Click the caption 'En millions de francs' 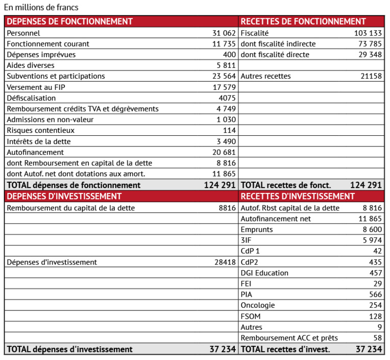click(x=41, y=8)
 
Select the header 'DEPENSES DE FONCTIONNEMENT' click(x=70, y=21)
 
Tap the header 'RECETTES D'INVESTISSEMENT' click(x=297, y=197)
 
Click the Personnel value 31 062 click(x=224, y=33)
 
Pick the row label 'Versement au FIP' click(x=36, y=87)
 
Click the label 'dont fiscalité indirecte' click(x=278, y=44)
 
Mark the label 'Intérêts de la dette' click(x=39, y=141)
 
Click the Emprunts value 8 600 click(x=372, y=230)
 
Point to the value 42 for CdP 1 click(x=377, y=251)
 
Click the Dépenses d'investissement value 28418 click(x=227, y=262)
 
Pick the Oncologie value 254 click(x=375, y=305)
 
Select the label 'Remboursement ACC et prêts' click(x=289, y=338)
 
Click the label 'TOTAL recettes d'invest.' click(x=285, y=349)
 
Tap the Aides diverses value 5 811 click(x=226, y=65)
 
